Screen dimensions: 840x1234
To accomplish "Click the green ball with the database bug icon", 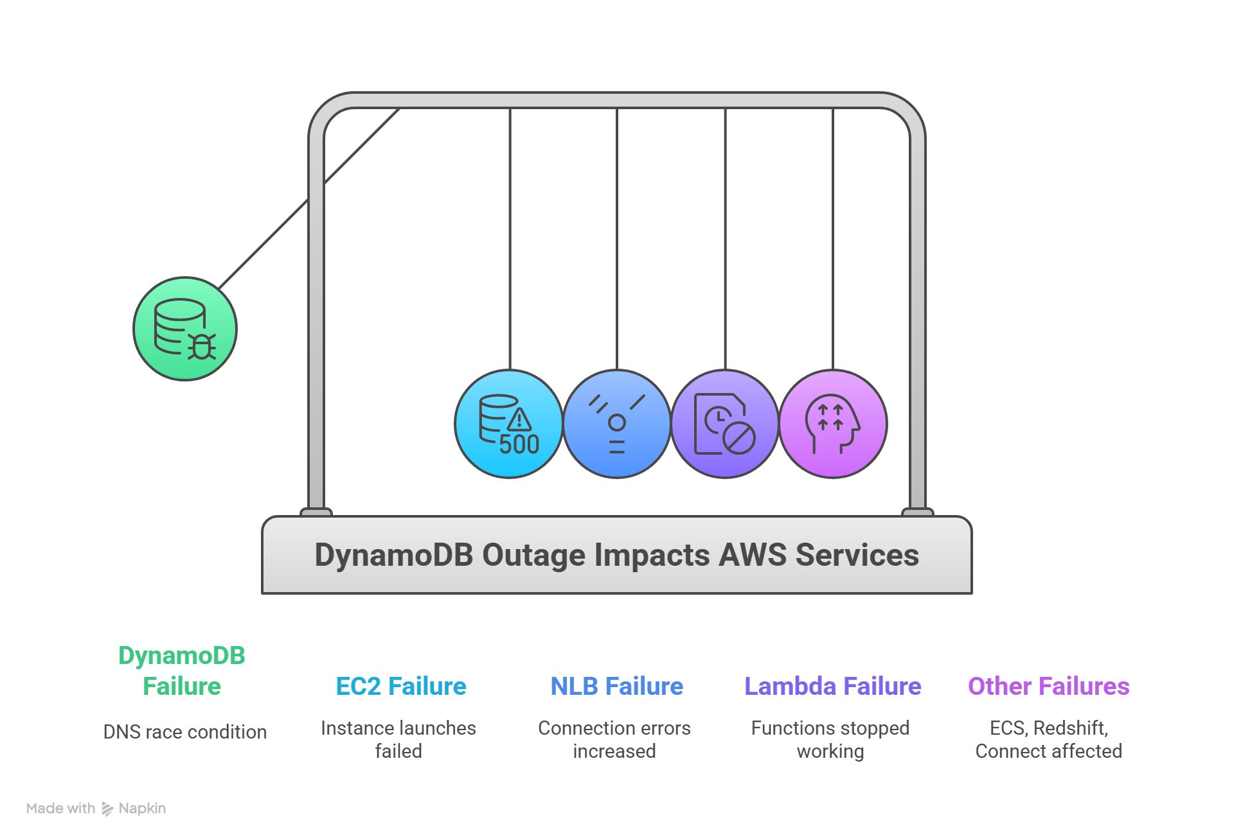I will point(185,329).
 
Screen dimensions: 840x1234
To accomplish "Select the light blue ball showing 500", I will point(508,424).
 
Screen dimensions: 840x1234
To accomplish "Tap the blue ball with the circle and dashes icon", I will point(617,424).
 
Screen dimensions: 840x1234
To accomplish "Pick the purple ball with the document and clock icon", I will point(725,424).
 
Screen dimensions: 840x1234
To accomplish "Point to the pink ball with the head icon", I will point(833,424).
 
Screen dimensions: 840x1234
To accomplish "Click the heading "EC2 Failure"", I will point(401,687).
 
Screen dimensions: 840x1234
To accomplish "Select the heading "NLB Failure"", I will point(617,687).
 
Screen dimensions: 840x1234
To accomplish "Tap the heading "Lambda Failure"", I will point(832,687).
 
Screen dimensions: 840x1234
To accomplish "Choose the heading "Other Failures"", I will point(1048,687).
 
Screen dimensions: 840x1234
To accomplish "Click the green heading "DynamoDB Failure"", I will point(182,671).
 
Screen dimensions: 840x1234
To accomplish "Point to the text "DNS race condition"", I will point(185,732).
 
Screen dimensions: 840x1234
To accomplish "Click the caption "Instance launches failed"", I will point(398,739).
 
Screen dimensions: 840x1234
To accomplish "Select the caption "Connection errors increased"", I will point(614,739).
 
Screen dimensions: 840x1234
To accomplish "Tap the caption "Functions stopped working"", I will point(830,739).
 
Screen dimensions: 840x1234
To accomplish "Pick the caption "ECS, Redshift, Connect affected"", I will point(1048,739).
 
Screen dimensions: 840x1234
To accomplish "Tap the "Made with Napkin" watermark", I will point(96,809).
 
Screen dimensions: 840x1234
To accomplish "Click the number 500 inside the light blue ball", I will point(519,444).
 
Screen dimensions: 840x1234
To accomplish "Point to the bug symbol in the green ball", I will point(202,347).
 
